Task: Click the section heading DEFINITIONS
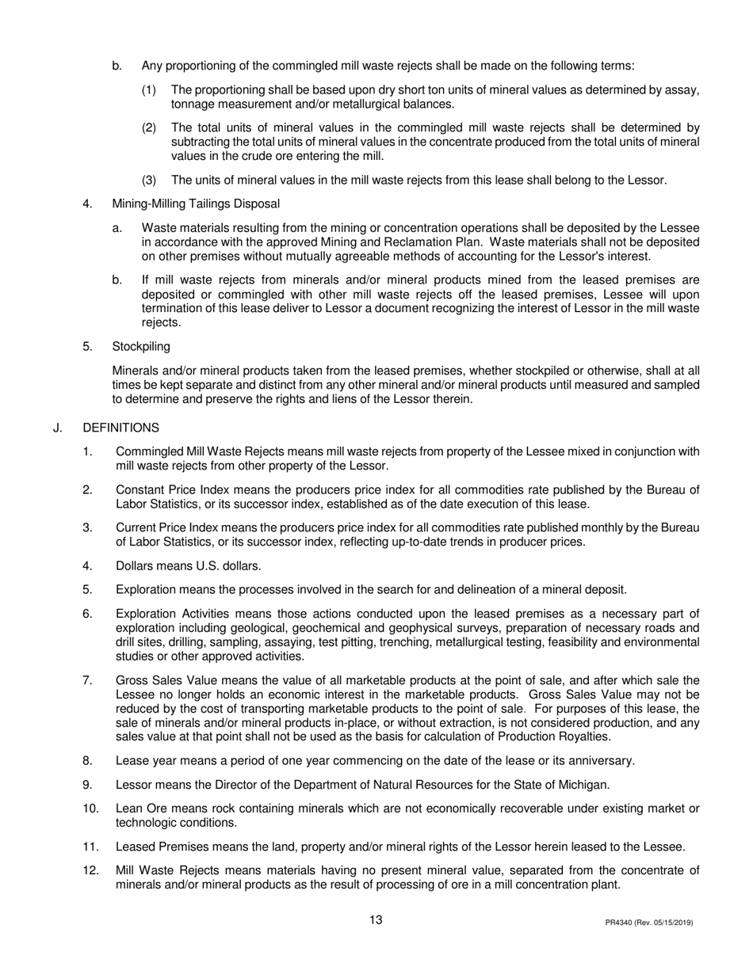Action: (120, 428)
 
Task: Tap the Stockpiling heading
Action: (140, 346)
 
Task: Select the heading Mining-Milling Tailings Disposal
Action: (196, 204)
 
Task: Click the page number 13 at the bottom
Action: (376, 920)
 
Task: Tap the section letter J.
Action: (57, 428)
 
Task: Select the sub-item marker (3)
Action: (150, 180)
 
